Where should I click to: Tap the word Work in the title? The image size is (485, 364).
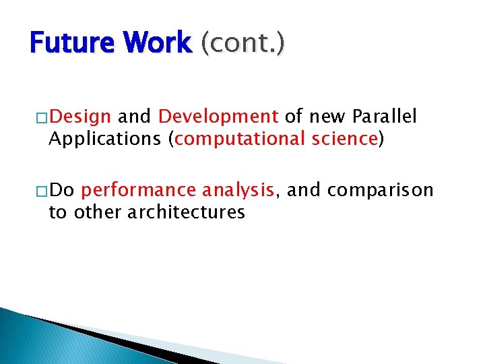160,43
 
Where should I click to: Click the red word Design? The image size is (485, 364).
80,117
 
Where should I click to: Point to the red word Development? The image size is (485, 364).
218,117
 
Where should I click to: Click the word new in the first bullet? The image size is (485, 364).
327,117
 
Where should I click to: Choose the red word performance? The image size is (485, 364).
139,191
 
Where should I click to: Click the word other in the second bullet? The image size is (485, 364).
96,212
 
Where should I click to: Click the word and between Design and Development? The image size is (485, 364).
135,117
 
